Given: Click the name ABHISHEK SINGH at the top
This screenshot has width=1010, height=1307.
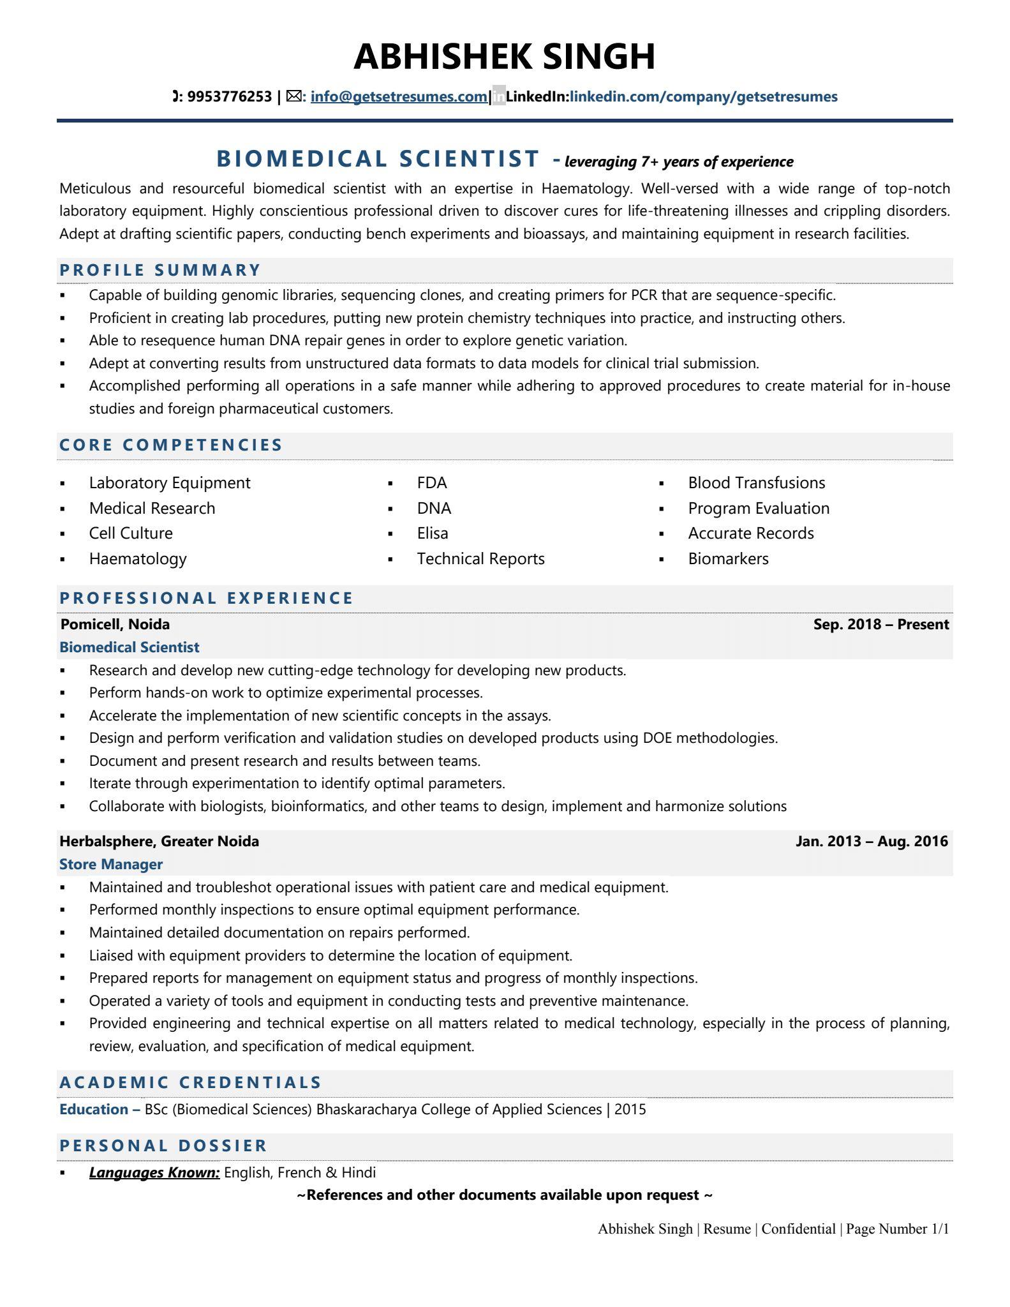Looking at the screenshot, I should [x=504, y=56].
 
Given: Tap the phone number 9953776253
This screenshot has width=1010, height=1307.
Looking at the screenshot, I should [x=230, y=97].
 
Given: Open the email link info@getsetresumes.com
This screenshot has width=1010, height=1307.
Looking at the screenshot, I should [x=399, y=97].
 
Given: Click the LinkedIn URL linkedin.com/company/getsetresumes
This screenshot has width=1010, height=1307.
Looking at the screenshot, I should [x=703, y=97].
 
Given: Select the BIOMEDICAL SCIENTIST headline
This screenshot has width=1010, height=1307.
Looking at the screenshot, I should [x=378, y=159].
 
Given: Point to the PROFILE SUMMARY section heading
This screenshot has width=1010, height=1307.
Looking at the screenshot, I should [x=160, y=270].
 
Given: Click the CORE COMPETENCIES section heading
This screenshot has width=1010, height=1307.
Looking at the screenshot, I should [x=171, y=445].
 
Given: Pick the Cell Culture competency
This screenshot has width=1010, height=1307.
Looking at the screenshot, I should [x=131, y=534].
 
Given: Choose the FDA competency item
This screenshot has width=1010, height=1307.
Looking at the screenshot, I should [x=432, y=483].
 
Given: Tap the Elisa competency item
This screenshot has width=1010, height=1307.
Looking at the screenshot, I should [x=433, y=534].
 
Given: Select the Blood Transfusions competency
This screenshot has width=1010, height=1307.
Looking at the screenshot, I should [x=756, y=483].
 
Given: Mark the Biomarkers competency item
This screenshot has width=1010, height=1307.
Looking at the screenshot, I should [x=728, y=559].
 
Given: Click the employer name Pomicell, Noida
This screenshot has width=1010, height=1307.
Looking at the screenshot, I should [x=115, y=624].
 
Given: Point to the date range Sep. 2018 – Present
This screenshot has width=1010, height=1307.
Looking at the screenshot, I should [x=880, y=624].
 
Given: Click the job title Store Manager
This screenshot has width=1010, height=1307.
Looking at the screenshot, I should [x=111, y=864].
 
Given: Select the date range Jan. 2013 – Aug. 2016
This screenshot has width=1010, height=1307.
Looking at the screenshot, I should [x=872, y=841].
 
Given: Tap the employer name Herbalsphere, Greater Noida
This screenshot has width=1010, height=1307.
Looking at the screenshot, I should [x=160, y=841].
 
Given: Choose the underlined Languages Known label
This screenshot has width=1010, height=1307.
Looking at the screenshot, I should [x=154, y=1172].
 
